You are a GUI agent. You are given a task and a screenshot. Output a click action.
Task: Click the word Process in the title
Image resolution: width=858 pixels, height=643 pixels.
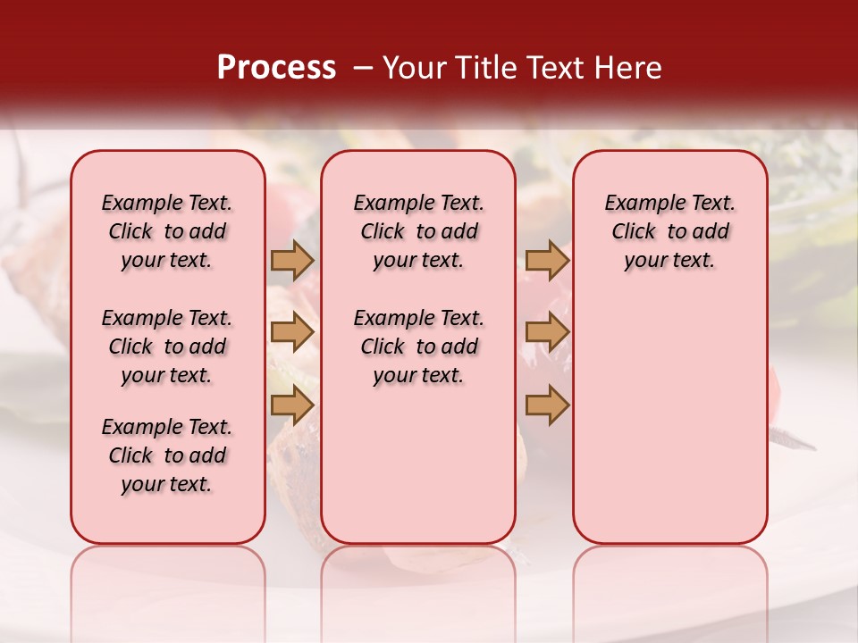coord(276,68)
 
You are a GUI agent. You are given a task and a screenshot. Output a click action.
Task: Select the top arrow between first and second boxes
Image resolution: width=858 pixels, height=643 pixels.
coord(291,260)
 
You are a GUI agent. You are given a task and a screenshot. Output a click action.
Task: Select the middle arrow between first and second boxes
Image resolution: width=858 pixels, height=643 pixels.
coord(291,332)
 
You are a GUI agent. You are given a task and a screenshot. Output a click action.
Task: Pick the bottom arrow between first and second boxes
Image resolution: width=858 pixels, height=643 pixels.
coord(291,405)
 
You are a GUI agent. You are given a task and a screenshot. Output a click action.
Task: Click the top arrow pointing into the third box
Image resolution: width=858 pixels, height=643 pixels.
coord(547,260)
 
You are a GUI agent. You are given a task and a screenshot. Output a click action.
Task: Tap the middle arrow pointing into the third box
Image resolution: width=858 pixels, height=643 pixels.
coord(547,332)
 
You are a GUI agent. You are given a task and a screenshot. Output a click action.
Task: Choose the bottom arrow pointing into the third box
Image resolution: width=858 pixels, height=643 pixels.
coord(547,405)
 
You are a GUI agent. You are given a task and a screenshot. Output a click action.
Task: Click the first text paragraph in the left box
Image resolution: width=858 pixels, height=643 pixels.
coord(167,231)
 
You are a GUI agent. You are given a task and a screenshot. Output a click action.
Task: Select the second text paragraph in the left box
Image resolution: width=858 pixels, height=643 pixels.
coord(167,347)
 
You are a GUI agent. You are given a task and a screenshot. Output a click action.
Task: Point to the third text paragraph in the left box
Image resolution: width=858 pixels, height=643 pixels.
coord(167,455)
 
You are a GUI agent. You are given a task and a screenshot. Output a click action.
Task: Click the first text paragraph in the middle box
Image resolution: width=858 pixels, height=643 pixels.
coord(418,231)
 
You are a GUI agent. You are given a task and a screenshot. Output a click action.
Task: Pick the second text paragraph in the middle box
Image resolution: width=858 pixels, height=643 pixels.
coord(418,347)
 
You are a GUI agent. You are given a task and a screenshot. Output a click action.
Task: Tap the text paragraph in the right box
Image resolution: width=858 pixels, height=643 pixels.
coord(669,231)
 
